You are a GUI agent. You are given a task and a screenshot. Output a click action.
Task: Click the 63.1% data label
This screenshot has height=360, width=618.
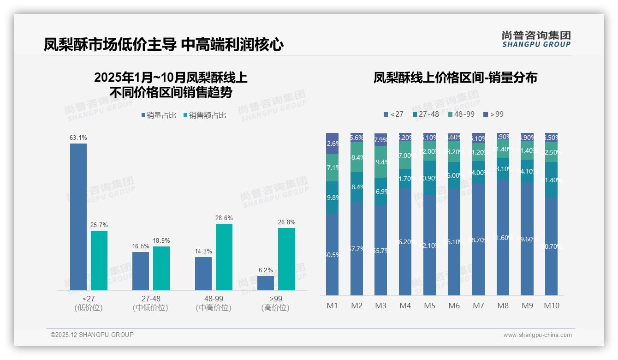point(78,138)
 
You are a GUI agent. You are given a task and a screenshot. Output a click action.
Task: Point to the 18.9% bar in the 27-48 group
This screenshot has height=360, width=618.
point(161,268)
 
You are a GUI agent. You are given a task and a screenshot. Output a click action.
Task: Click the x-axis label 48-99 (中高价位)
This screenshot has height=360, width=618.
point(214,303)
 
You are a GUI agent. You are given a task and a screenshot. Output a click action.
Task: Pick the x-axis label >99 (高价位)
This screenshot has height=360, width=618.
point(275,303)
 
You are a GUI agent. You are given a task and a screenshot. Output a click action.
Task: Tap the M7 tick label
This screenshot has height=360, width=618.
point(478,306)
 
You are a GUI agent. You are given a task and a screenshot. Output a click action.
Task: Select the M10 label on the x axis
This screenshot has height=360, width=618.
point(551,306)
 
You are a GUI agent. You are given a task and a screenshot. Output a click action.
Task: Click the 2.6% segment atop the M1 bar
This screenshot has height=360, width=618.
point(333,143)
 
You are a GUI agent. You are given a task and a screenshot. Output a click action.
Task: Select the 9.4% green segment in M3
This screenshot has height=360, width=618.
point(381,162)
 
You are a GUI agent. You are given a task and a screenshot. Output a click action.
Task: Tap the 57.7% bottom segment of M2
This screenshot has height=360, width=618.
point(357,248)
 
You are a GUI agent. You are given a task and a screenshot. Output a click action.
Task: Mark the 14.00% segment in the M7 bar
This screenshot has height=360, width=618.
point(478,172)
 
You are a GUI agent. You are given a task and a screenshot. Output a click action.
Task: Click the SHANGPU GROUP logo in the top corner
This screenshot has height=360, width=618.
point(536,39)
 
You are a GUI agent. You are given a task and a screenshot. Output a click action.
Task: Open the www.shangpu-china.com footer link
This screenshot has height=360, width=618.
point(537,335)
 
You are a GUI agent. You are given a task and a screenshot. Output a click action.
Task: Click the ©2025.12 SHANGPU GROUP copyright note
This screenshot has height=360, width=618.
point(92,335)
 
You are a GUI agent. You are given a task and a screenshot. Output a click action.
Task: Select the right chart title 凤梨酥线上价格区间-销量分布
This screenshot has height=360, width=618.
point(455,78)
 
